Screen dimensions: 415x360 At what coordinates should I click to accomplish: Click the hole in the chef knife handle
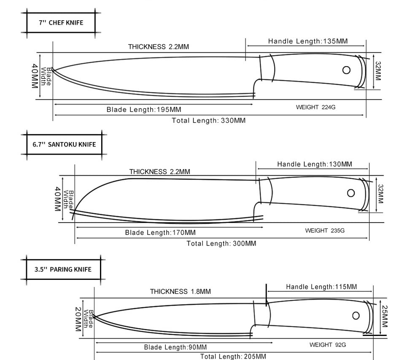pyautogui.click(x=346, y=70)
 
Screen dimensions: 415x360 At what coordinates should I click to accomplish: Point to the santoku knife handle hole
pyautogui.click(x=351, y=193)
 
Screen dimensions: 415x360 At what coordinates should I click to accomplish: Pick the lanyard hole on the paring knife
pyautogui.click(x=356, y=316)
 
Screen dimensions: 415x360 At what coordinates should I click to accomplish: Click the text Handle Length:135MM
pyautogui.click(x=308, y=41)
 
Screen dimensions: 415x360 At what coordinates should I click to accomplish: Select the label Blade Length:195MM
pyautogui.click(x=144, y=110)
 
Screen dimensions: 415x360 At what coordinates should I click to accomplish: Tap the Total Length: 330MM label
pyautogui.click(x=209, y=121)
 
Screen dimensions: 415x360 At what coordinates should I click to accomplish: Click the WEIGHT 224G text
pyautogui.click(x=315, y=107)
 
